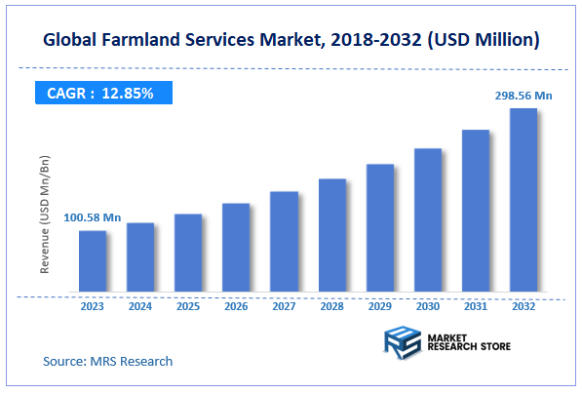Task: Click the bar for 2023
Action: [93, 261]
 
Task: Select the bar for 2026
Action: [236, 248]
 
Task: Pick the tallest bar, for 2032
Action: [524, 200]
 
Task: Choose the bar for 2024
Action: [140, 257]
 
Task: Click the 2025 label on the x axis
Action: [188, 306]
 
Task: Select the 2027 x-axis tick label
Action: [284, 306]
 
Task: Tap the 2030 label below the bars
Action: [428, 306]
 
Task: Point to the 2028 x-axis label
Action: [332, 306]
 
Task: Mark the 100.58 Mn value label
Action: [93, 216]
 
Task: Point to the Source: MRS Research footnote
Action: [107, 361]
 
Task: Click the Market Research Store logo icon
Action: [399, 343]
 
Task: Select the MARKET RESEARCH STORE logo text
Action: [465, 343]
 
